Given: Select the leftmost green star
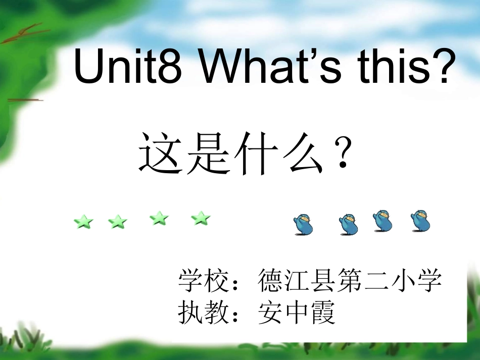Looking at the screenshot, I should [x=84, y=221].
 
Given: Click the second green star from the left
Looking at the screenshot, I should [x=118, y=221].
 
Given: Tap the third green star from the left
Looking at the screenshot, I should [x=159, y=218].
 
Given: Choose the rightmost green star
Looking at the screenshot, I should [x=201, y=218].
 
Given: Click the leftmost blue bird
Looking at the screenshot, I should [x=304, y=224].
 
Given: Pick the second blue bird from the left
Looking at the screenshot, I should [x=349, y=224].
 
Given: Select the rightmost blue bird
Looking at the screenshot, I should [x=420, y=221].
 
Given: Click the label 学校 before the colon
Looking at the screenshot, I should [x=201, y=281].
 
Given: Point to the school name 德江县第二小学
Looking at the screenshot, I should [x=350, y=281].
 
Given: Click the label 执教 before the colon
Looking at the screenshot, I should [x=201, y=313].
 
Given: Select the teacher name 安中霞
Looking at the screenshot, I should [x=297, y=313].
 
